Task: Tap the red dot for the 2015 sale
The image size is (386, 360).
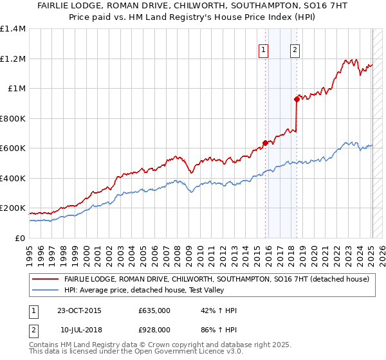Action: point(265,143)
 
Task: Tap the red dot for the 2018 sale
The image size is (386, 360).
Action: point(297,99)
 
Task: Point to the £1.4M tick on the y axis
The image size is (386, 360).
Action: point(13,29)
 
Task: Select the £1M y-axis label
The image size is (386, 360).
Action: point(16,89)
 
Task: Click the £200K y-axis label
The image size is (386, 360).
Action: point(13,209)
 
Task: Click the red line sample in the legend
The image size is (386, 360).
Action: point(45,279)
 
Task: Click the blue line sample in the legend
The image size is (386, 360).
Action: point(45,290)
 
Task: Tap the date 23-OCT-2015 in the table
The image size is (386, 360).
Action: point(79,310)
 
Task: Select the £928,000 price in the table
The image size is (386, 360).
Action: point(154,329)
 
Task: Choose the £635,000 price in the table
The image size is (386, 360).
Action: point(154,310)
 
